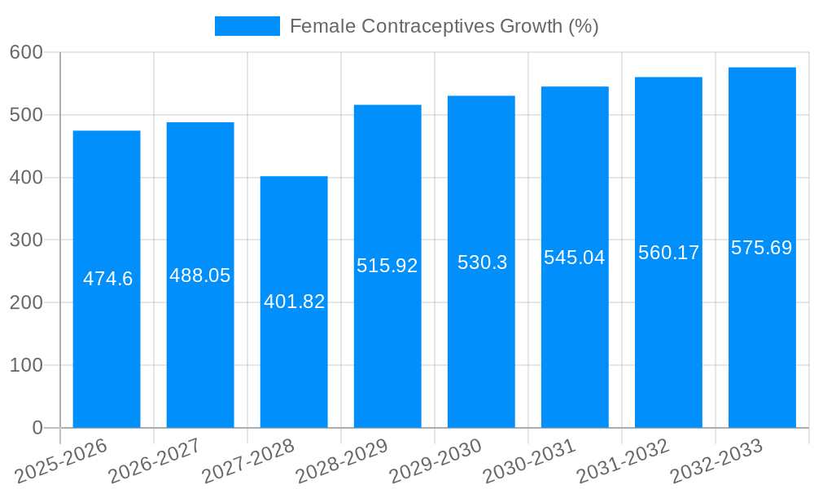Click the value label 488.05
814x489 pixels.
(200, 275)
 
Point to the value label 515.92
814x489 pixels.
(387, 266)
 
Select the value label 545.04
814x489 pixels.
(575, 258)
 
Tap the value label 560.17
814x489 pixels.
(668, 253)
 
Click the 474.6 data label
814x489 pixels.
(107, 279)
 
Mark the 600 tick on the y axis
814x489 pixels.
(26, 52)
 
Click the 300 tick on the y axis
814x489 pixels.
(26, 240)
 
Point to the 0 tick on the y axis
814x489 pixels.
(37, 428)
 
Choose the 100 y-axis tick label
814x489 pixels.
(26, 365)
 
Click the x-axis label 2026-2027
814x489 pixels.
(155, 460)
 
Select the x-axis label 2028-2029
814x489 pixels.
(342, 460)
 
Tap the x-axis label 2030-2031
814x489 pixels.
(529, 460)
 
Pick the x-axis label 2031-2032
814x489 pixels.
(623, 460)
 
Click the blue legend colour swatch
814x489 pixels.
(247, 26)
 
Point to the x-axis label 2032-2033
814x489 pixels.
(716, 460)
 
